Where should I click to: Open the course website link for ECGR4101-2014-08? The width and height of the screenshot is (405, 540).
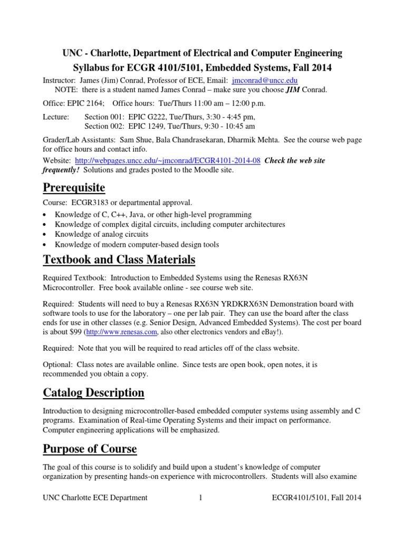point(168,161)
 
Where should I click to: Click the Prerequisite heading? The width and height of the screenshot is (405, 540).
point(74,188)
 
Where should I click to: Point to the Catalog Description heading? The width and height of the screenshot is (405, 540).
point(93,393)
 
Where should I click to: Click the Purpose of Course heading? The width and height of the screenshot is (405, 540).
point(90,449)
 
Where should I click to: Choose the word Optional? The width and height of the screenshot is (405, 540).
point(57,364)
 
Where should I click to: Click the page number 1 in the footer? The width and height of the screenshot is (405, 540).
point(201,497)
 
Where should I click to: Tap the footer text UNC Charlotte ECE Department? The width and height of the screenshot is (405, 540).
point(95,497)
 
